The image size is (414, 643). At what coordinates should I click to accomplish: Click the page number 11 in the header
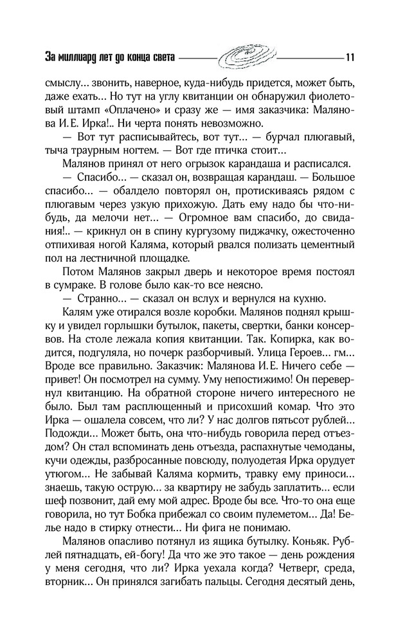pyautogui.click(x=350, y=56)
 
